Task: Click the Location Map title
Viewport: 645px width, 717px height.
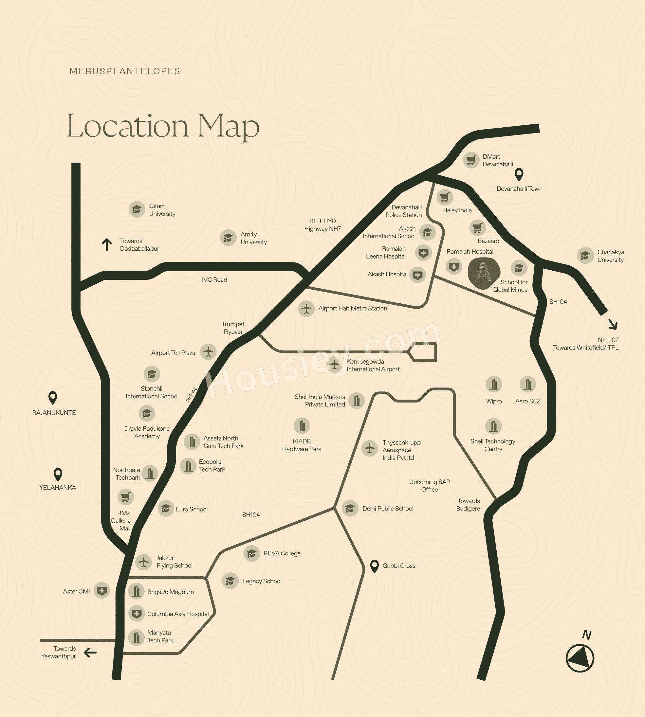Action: (x=163, y=126)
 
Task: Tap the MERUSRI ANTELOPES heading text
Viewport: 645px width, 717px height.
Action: (x=125, y=71)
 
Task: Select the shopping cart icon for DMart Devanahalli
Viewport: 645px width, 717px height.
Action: (x=471, y=160)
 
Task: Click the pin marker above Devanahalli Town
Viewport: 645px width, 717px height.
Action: (x=519, y=174)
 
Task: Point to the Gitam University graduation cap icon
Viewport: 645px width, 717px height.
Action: (x=137, y=209)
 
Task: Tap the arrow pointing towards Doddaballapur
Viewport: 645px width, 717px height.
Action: (x=107, y=244)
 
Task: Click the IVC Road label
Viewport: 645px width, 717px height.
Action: (x=214, y=280)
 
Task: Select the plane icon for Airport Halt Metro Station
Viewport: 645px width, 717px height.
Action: (x=306, y=309)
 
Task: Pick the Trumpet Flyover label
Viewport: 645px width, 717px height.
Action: (x=233, y=328)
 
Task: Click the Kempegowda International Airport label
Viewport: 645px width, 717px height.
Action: (x=373, y=365)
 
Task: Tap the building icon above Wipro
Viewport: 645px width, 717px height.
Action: (x=494, y=385)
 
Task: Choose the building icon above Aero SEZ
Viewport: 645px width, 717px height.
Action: (x=528, y=385)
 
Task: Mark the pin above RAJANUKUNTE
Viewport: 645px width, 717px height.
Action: (x=53, y=398)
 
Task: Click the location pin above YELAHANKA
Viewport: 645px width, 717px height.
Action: (x=58, y=474)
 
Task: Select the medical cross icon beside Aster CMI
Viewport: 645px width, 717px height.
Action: (x=102, y=591)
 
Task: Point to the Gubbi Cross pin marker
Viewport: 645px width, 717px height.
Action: (x=374, y=566)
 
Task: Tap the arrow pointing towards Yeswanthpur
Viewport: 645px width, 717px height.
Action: (x=90, y=653)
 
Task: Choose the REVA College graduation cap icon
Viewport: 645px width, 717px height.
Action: (x=252, y=553)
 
